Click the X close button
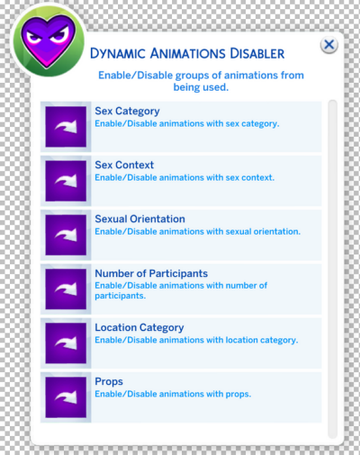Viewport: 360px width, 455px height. click(x=329, y=45)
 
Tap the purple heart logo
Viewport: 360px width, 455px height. click(x=48, y=40)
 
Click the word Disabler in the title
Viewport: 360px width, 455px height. click(x=257, y=54)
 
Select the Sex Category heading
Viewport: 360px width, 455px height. click(x=127, y=112)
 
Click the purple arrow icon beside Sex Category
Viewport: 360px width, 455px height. click(x=66, y=127)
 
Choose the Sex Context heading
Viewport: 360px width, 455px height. click(x=124, y=165)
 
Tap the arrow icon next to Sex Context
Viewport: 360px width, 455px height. click(x=66, y=181)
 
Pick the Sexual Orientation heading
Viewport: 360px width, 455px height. click(x=139, y=219)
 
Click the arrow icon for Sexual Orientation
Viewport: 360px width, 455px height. click(x=66, y=235)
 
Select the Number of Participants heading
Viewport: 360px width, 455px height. click(x=151, y=273)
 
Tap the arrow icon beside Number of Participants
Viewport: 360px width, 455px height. click(x=66, y=289)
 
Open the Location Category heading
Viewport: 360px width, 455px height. click(x=139, y=327)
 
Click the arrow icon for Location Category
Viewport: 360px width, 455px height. click(x=66, y=343)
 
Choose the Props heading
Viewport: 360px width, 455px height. click(x=109, y=381)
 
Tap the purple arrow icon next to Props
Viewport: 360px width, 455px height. click(x=66, y=397)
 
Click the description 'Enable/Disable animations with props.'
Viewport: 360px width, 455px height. click(x=173, y=394)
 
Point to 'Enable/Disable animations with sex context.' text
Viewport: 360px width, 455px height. click(x=184, y=178)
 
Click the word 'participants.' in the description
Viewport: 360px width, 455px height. click(x=121, y=296)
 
